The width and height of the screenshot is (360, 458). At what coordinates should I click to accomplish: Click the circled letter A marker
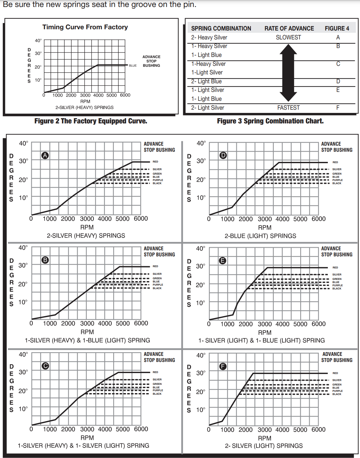point(45,155)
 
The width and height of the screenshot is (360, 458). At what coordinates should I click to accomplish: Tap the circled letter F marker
point(223,366)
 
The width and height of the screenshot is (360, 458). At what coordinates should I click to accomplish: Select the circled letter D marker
point(223,155)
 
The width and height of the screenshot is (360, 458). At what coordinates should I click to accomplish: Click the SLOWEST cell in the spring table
point(288,37)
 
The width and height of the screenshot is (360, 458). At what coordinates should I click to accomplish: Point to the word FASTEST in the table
point(288,108)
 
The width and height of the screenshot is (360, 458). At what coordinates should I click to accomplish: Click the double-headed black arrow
point(288,73)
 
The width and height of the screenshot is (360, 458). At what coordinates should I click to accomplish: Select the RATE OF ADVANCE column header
point(289,28)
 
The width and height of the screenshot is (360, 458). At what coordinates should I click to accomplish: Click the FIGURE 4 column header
point(337,28)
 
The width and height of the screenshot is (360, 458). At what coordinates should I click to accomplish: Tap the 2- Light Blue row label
point(206,81)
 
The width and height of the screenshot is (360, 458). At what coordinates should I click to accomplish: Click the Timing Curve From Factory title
point(85,27)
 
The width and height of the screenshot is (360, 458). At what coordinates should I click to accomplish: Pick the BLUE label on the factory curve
point(133,66)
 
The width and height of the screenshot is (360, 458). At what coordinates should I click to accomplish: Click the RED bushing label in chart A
point(155,162)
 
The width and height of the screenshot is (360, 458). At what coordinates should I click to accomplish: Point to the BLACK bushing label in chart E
point(337,288)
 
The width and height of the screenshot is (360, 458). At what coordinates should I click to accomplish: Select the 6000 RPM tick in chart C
point(141,429)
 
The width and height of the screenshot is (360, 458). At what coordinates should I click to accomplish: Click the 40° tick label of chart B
point(23,247)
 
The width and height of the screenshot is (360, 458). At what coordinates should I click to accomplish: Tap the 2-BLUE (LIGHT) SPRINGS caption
point(260,236)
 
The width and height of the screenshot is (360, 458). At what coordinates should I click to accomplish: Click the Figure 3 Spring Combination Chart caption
point(270,121)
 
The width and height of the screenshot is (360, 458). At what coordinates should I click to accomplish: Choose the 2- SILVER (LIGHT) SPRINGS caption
point(264,446)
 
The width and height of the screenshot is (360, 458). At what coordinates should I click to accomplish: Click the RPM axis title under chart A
point(87,227)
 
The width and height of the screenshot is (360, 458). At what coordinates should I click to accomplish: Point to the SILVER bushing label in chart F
point(337,380)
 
